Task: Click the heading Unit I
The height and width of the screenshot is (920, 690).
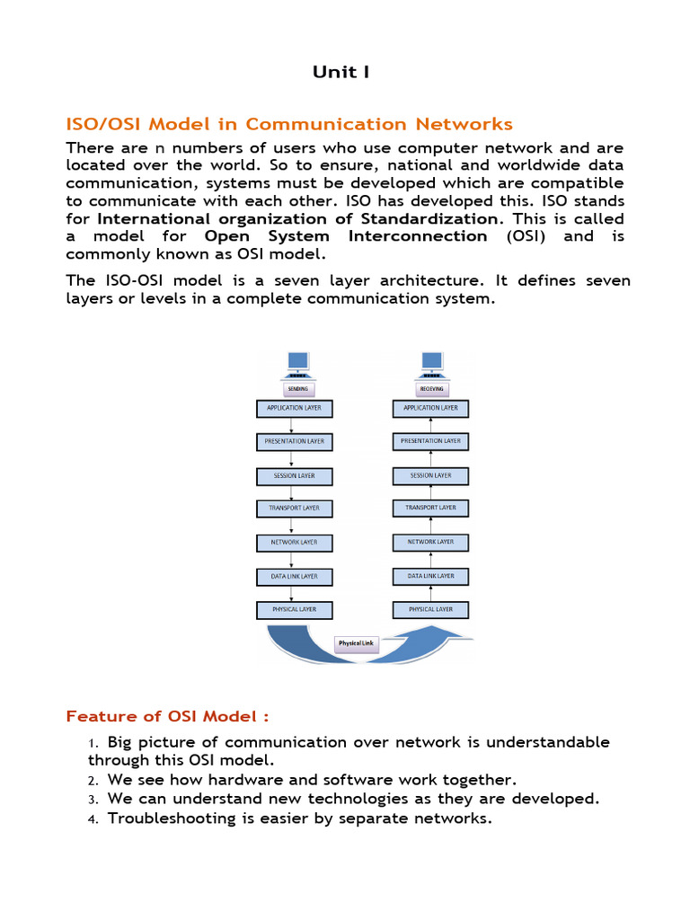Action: click(341, 72)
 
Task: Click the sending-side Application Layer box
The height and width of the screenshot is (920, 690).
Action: click(295, 408)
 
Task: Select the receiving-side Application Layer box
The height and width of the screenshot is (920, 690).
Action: click(430, 408)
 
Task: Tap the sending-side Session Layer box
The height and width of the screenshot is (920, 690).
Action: click(295, 475)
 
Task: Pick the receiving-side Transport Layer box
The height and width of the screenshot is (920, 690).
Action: click(430, 509)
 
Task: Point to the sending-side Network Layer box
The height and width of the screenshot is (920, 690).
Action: click(295, 543)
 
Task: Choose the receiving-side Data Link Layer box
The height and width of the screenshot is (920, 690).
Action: click(430, 576)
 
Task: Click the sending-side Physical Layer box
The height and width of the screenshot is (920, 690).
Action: click(295, 610)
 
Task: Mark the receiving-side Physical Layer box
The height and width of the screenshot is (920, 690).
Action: click(430, 610)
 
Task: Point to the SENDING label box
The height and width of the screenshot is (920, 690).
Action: click(297, 389)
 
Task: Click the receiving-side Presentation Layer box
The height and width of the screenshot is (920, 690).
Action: click(430, 441)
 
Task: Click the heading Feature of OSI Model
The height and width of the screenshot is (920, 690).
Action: click(168, 716)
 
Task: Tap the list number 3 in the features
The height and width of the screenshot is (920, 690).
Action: click(92, 799)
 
